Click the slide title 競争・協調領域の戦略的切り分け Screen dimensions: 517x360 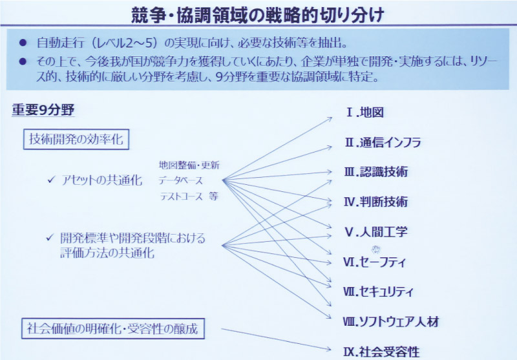coord(257,15)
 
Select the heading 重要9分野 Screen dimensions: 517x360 coord(43,110)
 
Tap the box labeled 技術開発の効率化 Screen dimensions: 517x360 coord(76,139)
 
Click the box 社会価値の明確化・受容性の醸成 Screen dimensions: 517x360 coord(112,328)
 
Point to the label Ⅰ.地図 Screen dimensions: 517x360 coord(364,112)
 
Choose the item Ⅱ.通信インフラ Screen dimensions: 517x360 coord(383,142)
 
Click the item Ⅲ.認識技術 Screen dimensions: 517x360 coord(376,172)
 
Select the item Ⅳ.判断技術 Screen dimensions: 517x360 coord(375,202)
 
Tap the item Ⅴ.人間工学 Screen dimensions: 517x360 coord(376,232)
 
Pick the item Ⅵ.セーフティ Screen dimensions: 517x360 coord(375,262)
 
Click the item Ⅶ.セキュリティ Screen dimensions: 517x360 coord(378,291)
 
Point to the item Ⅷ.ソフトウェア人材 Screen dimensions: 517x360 coord(391,321)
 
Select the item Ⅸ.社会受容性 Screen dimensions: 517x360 coord(381,352)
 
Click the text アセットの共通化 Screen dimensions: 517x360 coord(102,180)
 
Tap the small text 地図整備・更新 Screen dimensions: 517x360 coord(189,165)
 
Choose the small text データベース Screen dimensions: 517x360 coord(180,181)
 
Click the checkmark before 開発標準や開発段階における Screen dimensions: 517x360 coord(50,237)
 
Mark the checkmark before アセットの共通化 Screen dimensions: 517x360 coord(51,180)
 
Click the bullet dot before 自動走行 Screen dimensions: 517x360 coord(23,42)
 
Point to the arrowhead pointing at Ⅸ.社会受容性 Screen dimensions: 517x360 coord(328,349)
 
